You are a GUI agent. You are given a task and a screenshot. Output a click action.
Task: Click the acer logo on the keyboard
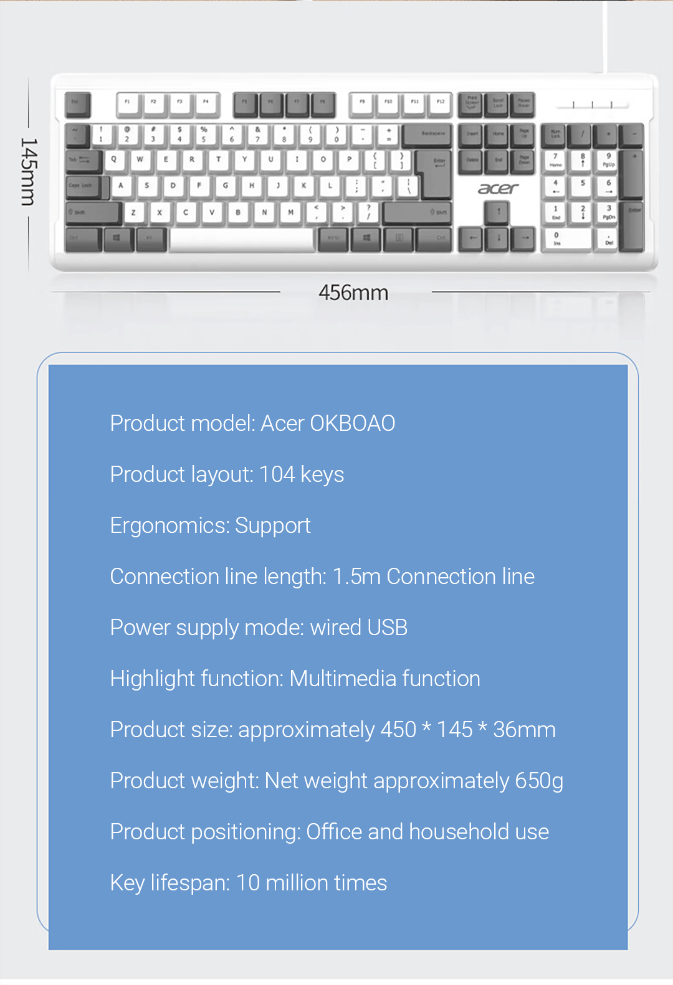coord(498,189)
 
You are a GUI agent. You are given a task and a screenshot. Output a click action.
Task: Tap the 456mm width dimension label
coord(353,293)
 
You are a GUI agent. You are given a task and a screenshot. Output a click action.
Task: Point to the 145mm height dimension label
coord(29,172)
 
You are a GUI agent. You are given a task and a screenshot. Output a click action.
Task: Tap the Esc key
coord(77,104)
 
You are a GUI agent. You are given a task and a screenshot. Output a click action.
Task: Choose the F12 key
coord(440,104)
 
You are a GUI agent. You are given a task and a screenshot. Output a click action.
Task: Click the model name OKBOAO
coord(353,423)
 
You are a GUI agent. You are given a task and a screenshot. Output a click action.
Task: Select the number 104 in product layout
coord(277,474)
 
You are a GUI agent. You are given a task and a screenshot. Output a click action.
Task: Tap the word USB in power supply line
coord(388,628)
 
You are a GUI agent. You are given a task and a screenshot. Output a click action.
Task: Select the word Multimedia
coord(343,679)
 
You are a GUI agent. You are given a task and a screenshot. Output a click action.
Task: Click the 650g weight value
coord(539,781)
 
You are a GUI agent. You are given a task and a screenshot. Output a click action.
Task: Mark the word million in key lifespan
coord(297,883)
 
